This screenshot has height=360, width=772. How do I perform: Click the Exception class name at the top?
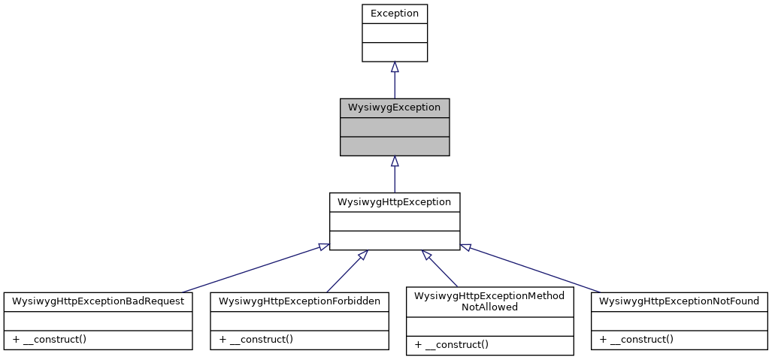coord(394,14)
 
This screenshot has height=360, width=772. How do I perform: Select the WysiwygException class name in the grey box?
coord(394,107)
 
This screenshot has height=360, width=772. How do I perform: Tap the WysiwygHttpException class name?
coord(394,202)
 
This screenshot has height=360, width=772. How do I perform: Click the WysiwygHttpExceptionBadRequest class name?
coord(98,301)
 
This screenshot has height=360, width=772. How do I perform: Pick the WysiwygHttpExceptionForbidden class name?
coord(299,301)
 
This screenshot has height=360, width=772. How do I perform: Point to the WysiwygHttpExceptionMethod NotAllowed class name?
coord(489,301)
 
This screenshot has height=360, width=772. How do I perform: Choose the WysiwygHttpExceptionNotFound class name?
coord(679,301)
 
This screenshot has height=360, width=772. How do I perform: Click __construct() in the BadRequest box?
coord(49,339)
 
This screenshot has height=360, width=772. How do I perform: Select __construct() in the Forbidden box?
coord(256,339)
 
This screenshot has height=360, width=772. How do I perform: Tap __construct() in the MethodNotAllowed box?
coord(451,345)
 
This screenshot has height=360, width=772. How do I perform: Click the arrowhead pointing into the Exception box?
coord(395,67)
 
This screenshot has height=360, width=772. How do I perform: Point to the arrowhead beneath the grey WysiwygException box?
coord(395,161)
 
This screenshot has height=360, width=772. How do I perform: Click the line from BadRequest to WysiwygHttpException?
coord(252,268)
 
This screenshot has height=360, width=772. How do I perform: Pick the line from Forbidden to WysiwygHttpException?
coord(344,271)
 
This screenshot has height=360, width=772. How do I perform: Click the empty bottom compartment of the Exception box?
coord(394,52)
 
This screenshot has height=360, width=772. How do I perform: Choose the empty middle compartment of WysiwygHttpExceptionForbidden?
coord(299,320)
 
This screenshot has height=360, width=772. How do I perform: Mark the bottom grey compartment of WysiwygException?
coord(394,146)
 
